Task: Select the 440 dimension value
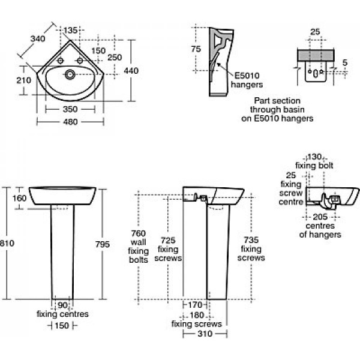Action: pos(131,71)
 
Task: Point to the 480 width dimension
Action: pos(71,122)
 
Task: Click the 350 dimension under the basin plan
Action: pos(71,110)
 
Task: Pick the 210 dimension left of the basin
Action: pos(23,80)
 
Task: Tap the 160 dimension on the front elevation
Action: pos(19,199)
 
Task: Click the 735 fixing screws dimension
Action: pos(252,239)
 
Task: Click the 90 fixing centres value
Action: pos(62,305)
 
